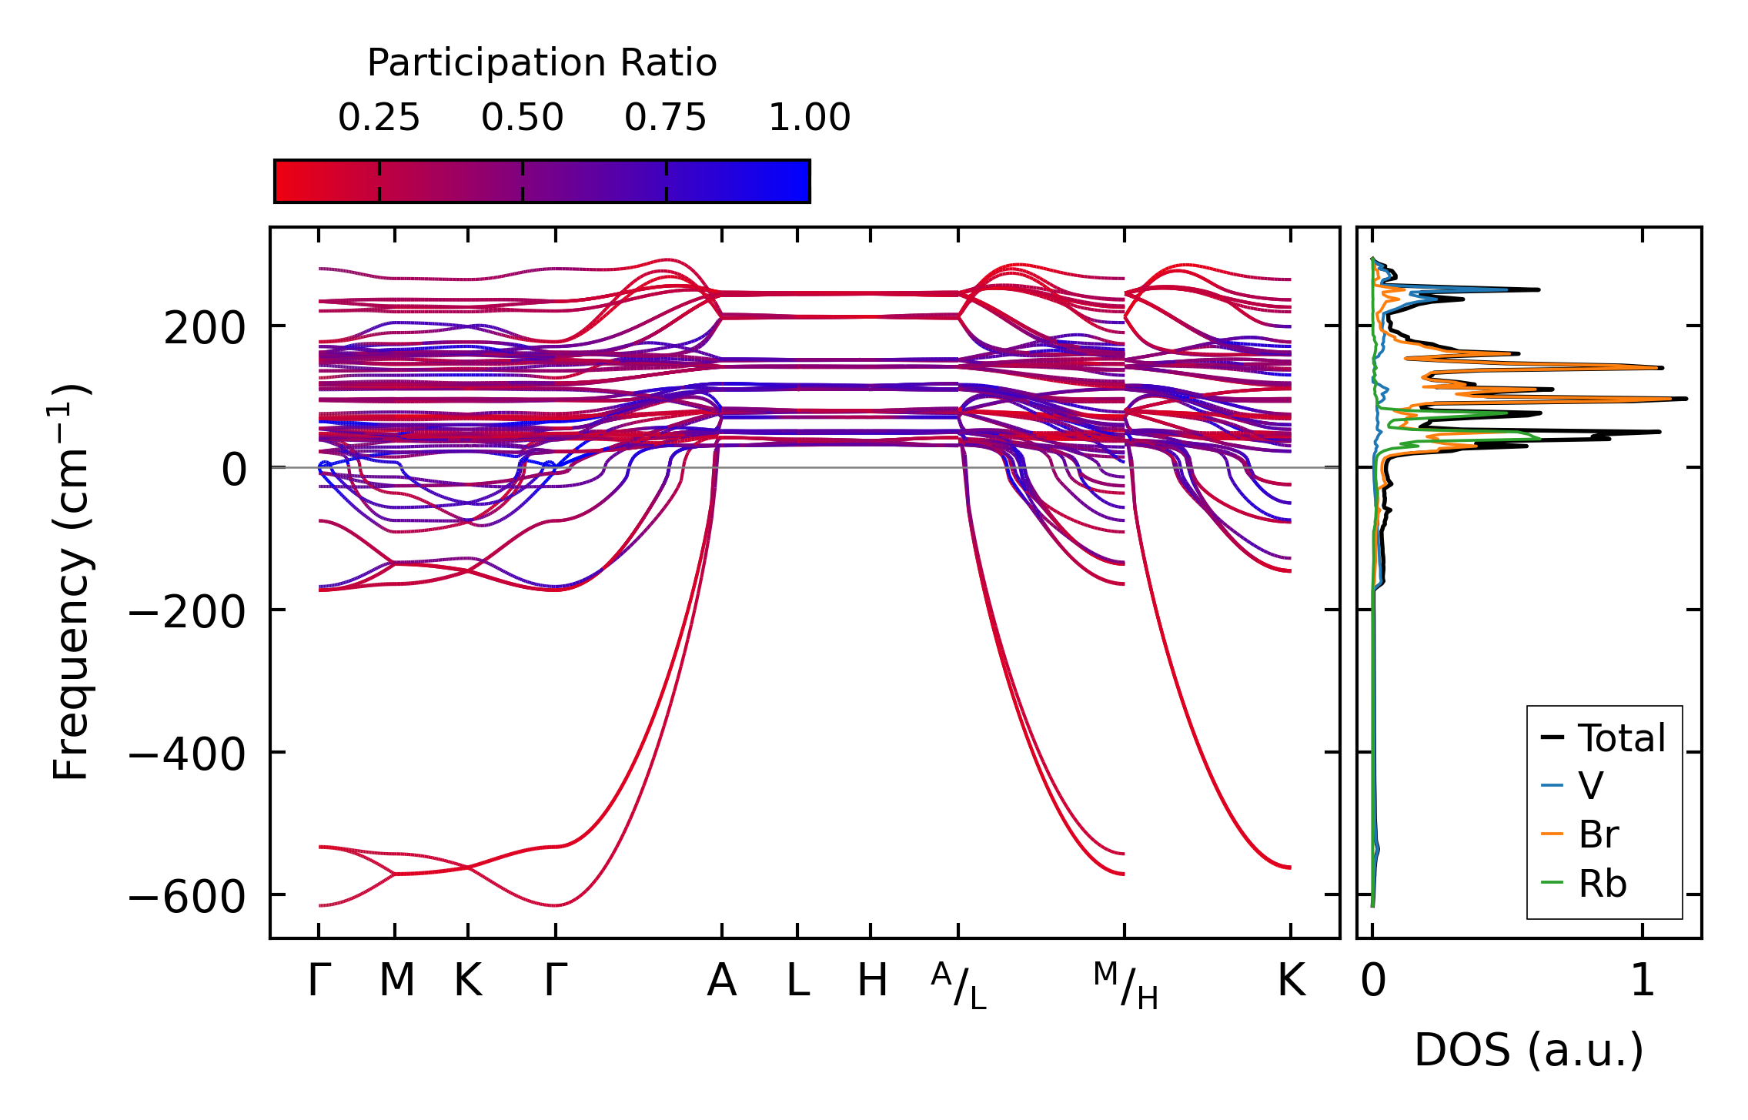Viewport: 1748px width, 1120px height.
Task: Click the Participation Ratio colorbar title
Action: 542,63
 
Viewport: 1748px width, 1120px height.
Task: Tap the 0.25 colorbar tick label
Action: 379,118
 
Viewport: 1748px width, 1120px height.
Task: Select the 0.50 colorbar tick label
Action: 523,118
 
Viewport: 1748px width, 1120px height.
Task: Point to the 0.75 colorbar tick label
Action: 666,118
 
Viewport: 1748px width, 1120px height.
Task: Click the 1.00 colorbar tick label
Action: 809,118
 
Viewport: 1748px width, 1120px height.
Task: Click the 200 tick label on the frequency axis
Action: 204,329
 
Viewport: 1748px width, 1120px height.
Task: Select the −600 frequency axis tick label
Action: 186,897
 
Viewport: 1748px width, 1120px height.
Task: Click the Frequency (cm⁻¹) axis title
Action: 72,582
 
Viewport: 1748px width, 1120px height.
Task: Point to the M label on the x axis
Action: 396,981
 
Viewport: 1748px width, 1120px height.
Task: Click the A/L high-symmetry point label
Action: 958,985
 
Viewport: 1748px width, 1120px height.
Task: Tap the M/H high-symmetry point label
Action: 1125,985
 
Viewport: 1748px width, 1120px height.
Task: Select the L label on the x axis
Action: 797,981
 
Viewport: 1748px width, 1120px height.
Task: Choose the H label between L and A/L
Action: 872,981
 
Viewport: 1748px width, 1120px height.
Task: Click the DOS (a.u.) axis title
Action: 1529,1051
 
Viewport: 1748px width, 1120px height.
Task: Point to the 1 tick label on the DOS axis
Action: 1643,981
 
